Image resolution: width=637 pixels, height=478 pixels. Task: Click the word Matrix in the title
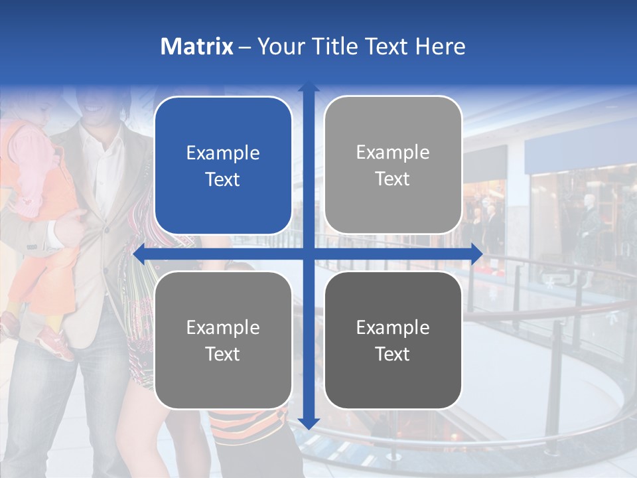pos(196,46)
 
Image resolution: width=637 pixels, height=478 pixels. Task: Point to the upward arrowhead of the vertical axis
pos(308,87)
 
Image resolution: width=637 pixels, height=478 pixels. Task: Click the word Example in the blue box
pos(223,153)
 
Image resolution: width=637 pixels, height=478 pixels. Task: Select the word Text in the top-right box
pos(393,179)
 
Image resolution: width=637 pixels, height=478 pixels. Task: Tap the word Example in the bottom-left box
pos(223,327)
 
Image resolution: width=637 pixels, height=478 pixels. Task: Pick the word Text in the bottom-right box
pos(393,354)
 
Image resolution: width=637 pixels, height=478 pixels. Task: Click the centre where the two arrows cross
pos(308,253)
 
